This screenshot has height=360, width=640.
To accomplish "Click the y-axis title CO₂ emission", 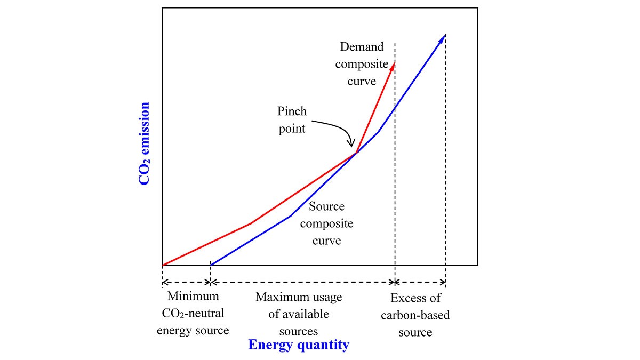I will [x=143, y=144].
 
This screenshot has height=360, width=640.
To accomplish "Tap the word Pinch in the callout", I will [x=292, y=112].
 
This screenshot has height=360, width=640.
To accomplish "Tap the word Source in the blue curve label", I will [x=326, y=206].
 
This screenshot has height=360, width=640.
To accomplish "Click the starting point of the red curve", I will [x=162, y=265].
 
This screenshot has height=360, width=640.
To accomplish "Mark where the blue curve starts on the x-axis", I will [x=211, y=265].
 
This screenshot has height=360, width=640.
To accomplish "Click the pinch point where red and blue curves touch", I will [x=356, y=154].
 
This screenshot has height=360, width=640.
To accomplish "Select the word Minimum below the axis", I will [x=193, y=297].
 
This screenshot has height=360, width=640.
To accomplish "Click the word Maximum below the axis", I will [x=299, y=297].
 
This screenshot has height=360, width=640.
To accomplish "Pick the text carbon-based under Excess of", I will [x=415, y=315].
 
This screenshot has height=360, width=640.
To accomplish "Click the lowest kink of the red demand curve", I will [x=251, y=223].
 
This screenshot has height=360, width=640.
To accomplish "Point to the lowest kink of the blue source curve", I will [x=290, y=216].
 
